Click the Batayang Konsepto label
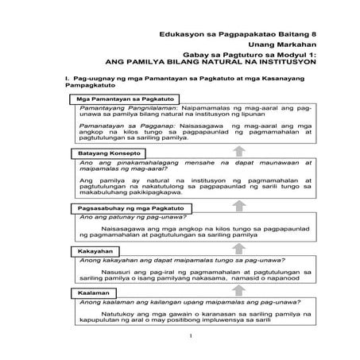coord(108,152)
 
